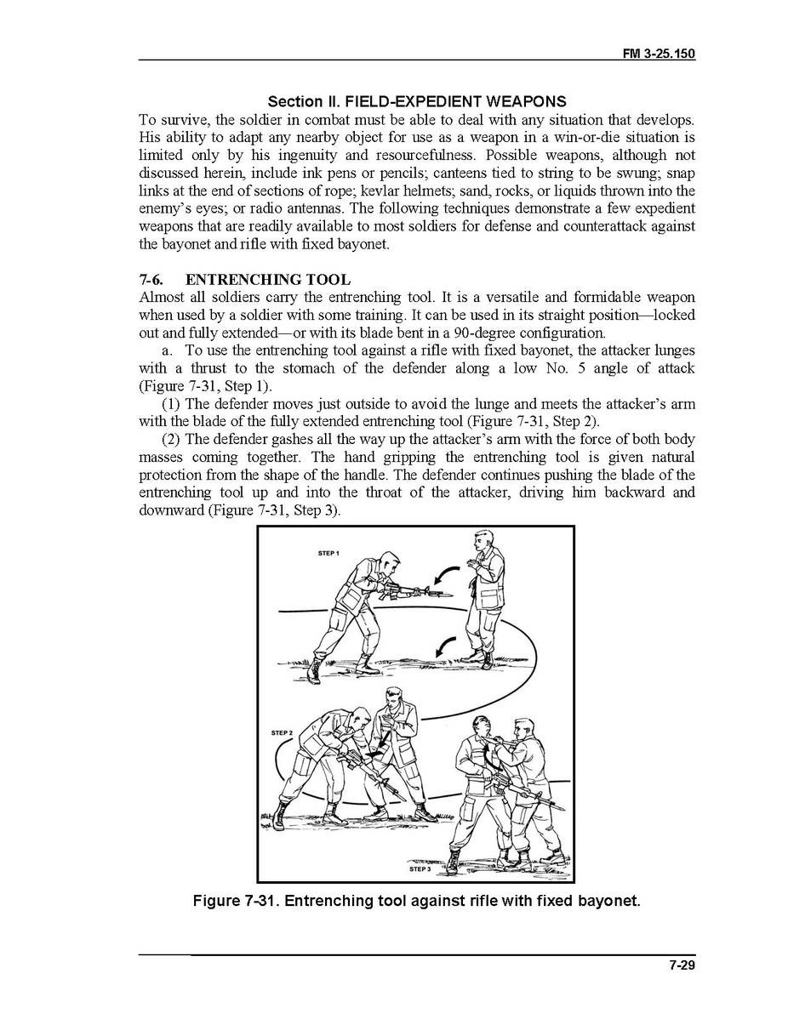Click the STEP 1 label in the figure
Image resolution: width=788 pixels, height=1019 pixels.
(328, 554)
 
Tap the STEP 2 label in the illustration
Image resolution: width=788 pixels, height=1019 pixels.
(281, 732)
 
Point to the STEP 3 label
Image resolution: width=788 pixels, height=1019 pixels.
(420, 869)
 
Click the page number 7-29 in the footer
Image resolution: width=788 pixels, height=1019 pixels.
(682, 965)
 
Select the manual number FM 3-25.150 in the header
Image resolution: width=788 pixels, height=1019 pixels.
(660, 54)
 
